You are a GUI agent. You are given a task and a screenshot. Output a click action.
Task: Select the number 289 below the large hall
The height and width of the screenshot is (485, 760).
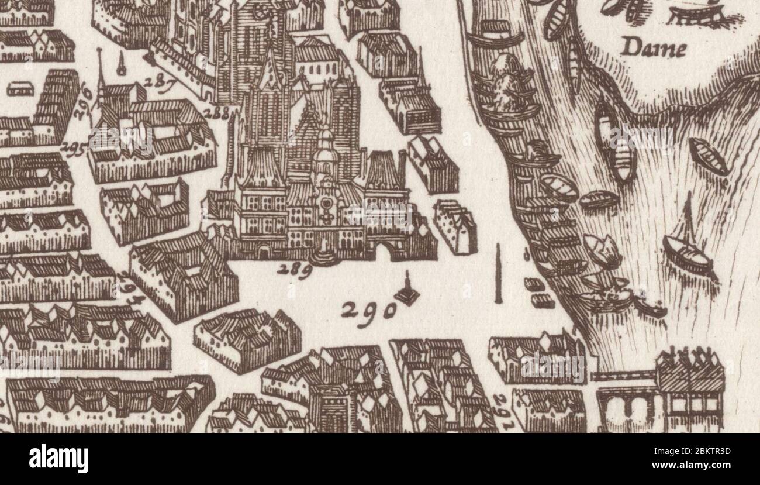293,270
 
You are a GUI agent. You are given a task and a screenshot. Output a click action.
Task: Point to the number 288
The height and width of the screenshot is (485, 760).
217,113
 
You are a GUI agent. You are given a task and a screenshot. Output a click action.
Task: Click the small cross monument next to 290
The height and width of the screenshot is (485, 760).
407,292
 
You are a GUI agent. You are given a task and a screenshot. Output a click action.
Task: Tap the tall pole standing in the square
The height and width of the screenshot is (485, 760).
498,274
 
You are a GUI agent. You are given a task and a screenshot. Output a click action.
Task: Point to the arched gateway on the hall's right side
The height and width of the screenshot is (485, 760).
385,252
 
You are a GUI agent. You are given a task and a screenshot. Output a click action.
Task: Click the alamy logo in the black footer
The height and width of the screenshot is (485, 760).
58,458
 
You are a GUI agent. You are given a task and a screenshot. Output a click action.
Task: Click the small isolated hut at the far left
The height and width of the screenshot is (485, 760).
19,88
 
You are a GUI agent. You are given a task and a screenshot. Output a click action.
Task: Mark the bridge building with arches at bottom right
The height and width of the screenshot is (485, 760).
661,389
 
